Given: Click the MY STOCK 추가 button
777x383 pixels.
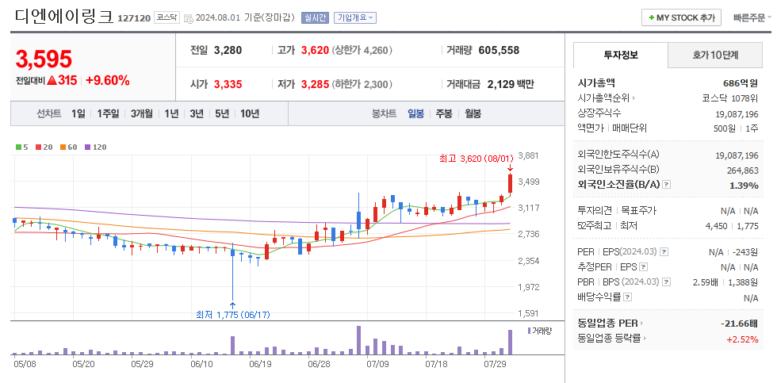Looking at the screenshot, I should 681,17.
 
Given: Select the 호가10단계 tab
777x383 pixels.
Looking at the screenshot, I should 714,56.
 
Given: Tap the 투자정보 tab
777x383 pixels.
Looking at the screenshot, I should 620,56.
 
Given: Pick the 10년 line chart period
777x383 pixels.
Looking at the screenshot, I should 249,113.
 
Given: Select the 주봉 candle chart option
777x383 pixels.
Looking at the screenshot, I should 443,113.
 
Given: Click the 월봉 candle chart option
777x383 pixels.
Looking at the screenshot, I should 473,113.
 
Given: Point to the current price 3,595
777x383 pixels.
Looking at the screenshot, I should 44,59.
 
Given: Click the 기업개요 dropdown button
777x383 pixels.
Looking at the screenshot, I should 355,17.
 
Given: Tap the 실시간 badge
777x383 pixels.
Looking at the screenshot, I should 316,17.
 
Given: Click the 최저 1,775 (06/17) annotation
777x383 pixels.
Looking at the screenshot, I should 232,315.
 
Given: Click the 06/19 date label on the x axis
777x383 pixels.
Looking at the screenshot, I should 261,364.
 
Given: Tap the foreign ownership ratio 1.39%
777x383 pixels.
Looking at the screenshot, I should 743,184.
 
